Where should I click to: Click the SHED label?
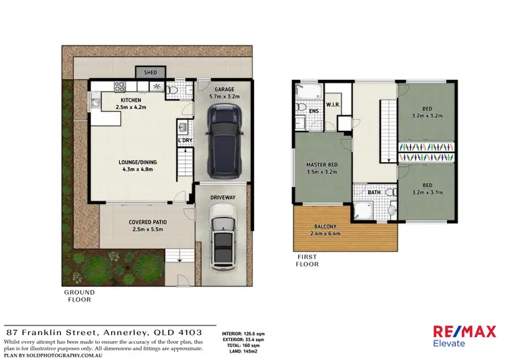(x=150, y=71)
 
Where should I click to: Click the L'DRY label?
(x=184, y=140)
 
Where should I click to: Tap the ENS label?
(x=314, y=110)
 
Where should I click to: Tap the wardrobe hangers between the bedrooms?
(x=427, y=147)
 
